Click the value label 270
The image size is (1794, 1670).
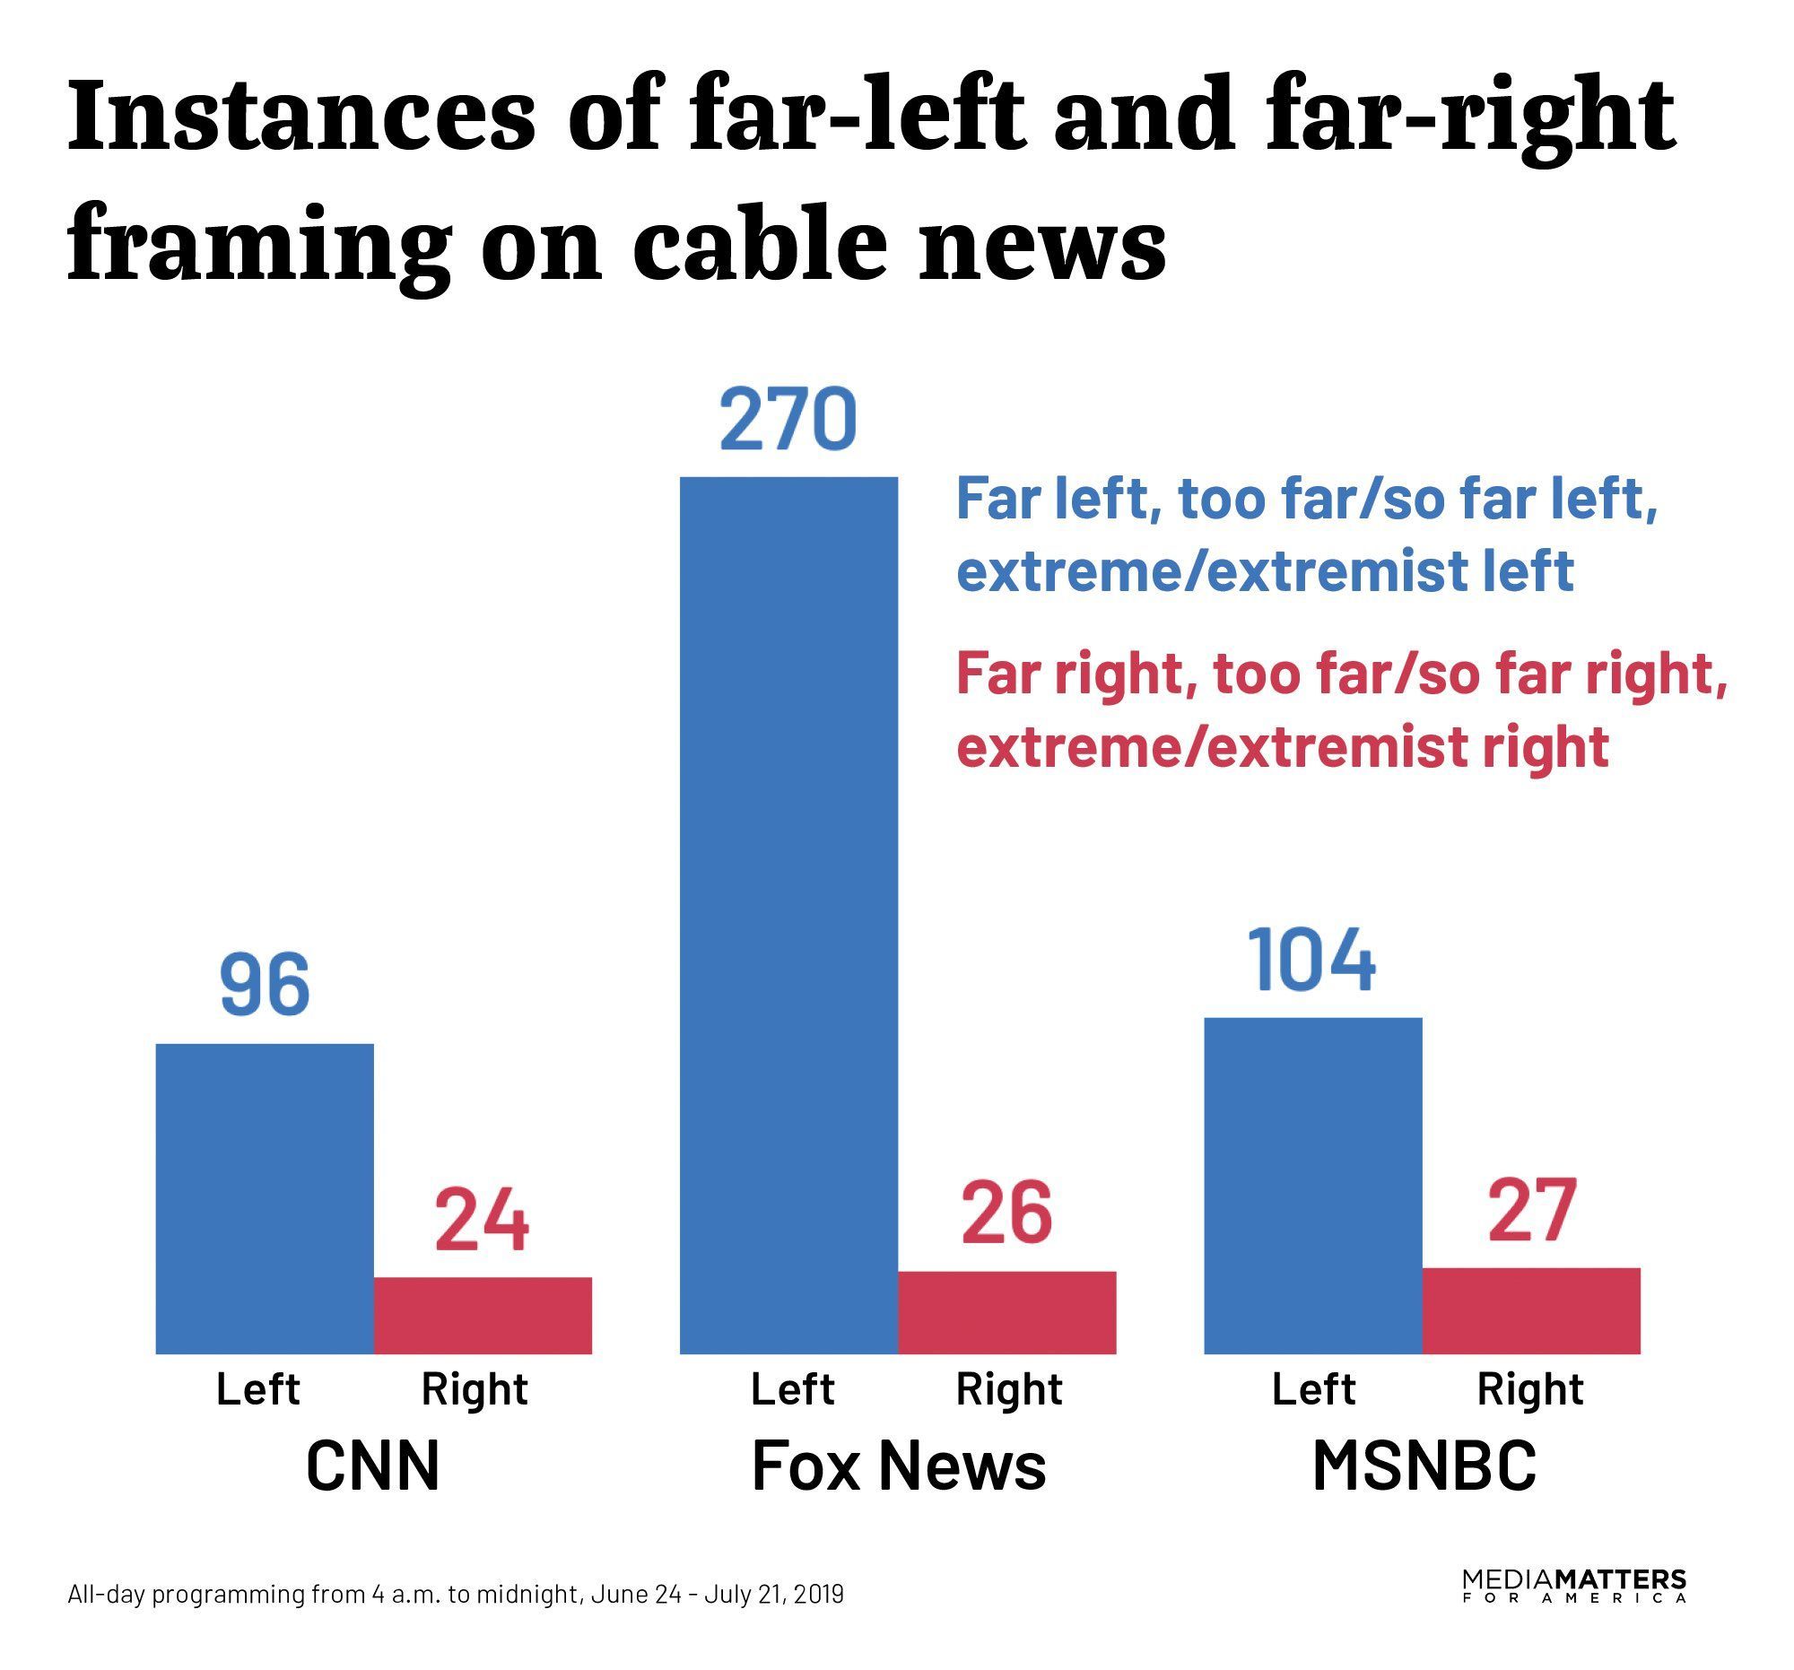click(x=788, y=421)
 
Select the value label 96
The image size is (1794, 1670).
click(x=265, y=985)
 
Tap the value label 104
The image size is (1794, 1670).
click(x=1312, y=961)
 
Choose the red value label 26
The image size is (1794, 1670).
click(x=1006, y=1213)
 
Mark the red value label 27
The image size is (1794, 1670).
click(x=1531, y=1210)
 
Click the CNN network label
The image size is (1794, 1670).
click(x=372, y=1466)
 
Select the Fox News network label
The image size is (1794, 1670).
click(x=898, y=1466)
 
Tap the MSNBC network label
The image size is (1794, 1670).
click(x=1424, y=1466)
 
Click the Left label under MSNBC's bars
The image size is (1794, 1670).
click(x=1313, y=1389)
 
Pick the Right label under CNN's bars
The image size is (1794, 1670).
click(x=474, y=1389)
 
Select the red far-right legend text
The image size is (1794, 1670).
click(x=1341, y=710)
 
